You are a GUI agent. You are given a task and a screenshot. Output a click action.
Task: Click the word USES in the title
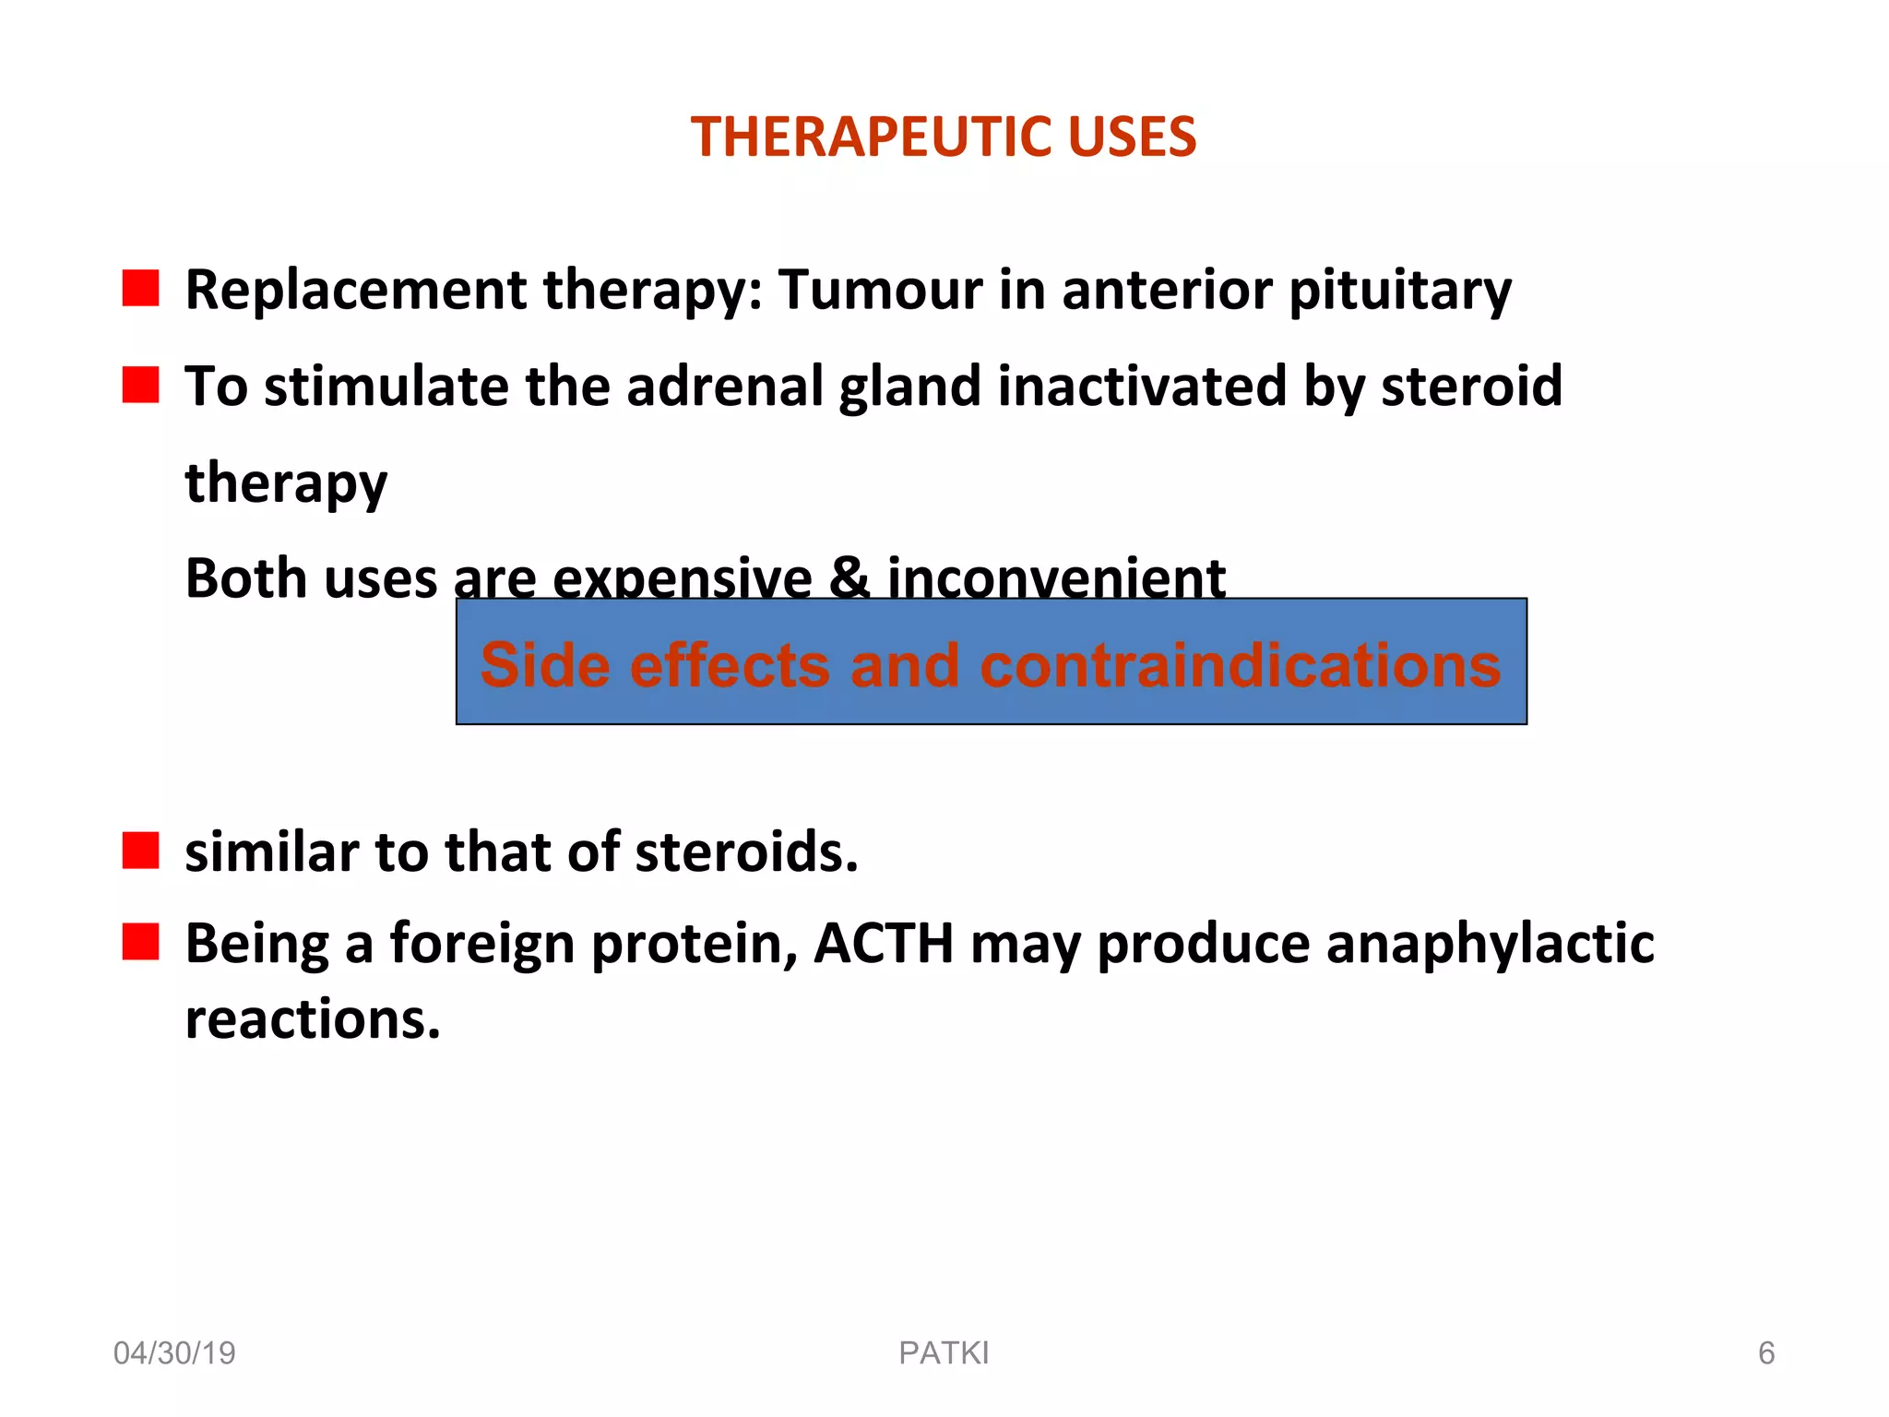coord(1131,137)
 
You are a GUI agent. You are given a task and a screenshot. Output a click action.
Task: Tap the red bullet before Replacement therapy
coord(140,288)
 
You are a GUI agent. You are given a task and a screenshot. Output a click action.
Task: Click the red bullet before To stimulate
coord(140,385)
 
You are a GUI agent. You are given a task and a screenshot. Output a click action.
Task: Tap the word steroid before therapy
coord(1471,386)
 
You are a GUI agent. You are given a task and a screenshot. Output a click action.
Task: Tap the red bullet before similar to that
coord(140,851)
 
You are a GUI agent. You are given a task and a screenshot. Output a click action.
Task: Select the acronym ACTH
coord(884,944)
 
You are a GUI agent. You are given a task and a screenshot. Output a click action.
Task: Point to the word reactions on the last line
coord(313,1019)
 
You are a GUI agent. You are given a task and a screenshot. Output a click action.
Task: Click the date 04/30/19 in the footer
coord(174,1353)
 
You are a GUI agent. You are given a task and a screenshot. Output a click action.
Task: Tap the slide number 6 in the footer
coord(1765,1353)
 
